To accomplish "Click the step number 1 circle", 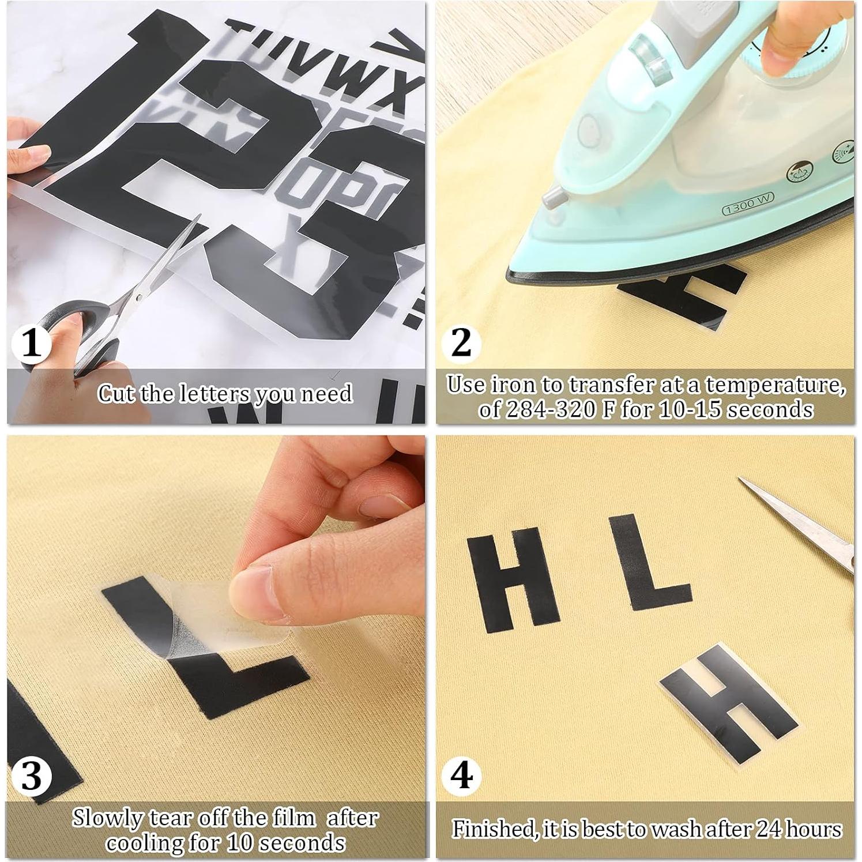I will [32, 344].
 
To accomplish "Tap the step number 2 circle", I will [461, 344].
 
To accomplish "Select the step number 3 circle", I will [32, 775].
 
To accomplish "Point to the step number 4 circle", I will [461, 775].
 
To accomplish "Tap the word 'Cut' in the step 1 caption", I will [117, 394].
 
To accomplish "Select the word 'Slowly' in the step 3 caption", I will [108, 818].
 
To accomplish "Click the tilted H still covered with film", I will [728, 705].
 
